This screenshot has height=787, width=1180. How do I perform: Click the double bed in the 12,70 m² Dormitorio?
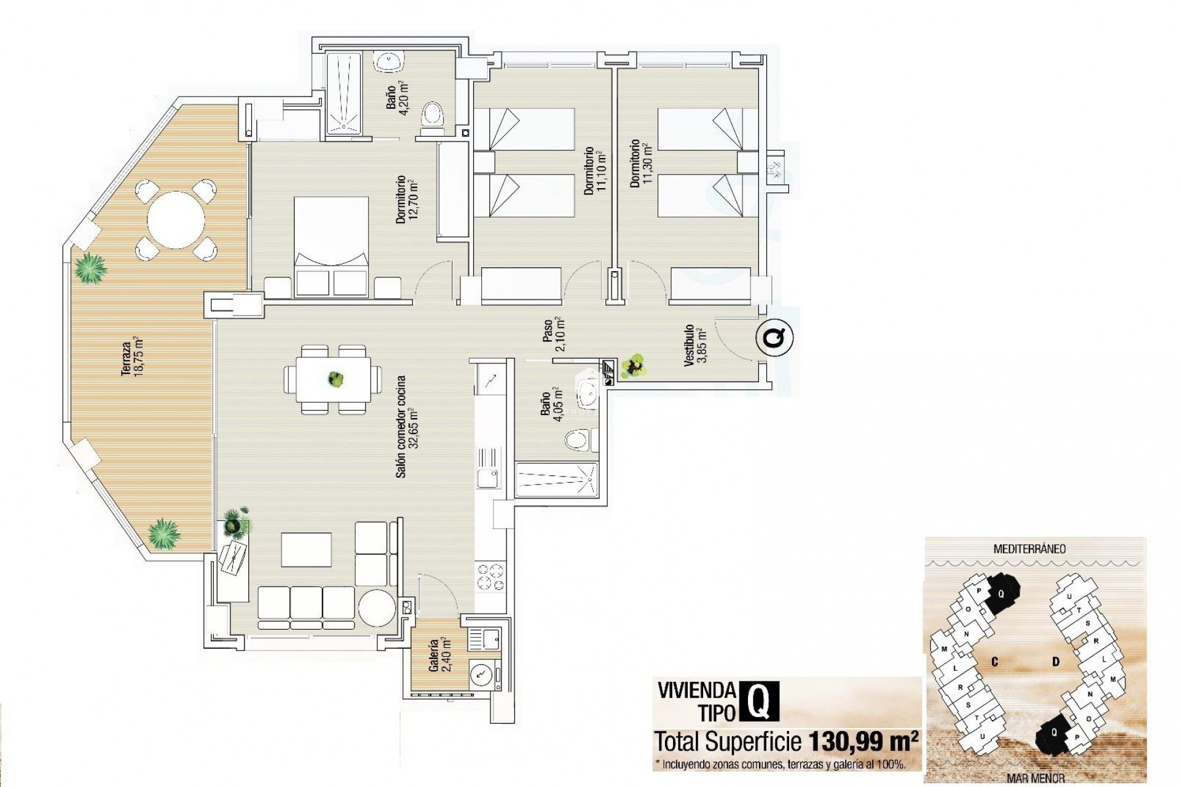pyautogui.click(x=331, y=246)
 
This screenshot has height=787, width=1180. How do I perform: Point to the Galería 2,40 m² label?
pyautogui.click(x=440, y=655)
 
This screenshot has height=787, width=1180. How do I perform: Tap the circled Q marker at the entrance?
pyautogui.click(x=776, y=338)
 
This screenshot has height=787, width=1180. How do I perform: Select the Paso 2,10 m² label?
pyautogui.click(x=553, y=334)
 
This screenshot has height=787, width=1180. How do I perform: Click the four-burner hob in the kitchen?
pyautogui.click(x=490, y=578)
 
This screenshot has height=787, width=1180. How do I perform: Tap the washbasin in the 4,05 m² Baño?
pyautogui.click(x=589, y=392)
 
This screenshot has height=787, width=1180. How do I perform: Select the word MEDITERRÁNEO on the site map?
pyautogui.click(x=1029, y=549)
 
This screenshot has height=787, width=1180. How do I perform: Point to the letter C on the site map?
pyautogui.click(x=994, y=662)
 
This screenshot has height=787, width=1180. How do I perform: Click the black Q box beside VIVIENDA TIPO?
pyautogui.click(x=760, y=701)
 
